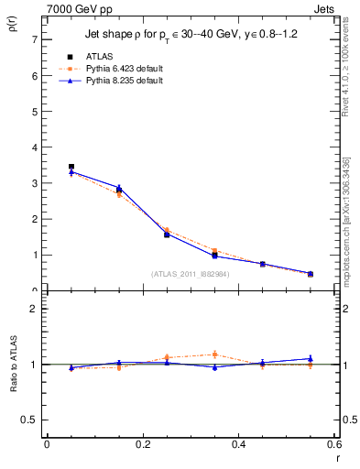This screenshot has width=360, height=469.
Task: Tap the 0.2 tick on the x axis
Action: click(142, 445)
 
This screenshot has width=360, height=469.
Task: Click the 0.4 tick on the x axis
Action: click(238, 445)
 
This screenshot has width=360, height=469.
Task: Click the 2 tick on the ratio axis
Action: click(34, 309)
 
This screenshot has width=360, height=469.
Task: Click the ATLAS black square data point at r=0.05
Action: click(71, 167)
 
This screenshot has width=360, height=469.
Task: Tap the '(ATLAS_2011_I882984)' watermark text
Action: click(190, 274)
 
